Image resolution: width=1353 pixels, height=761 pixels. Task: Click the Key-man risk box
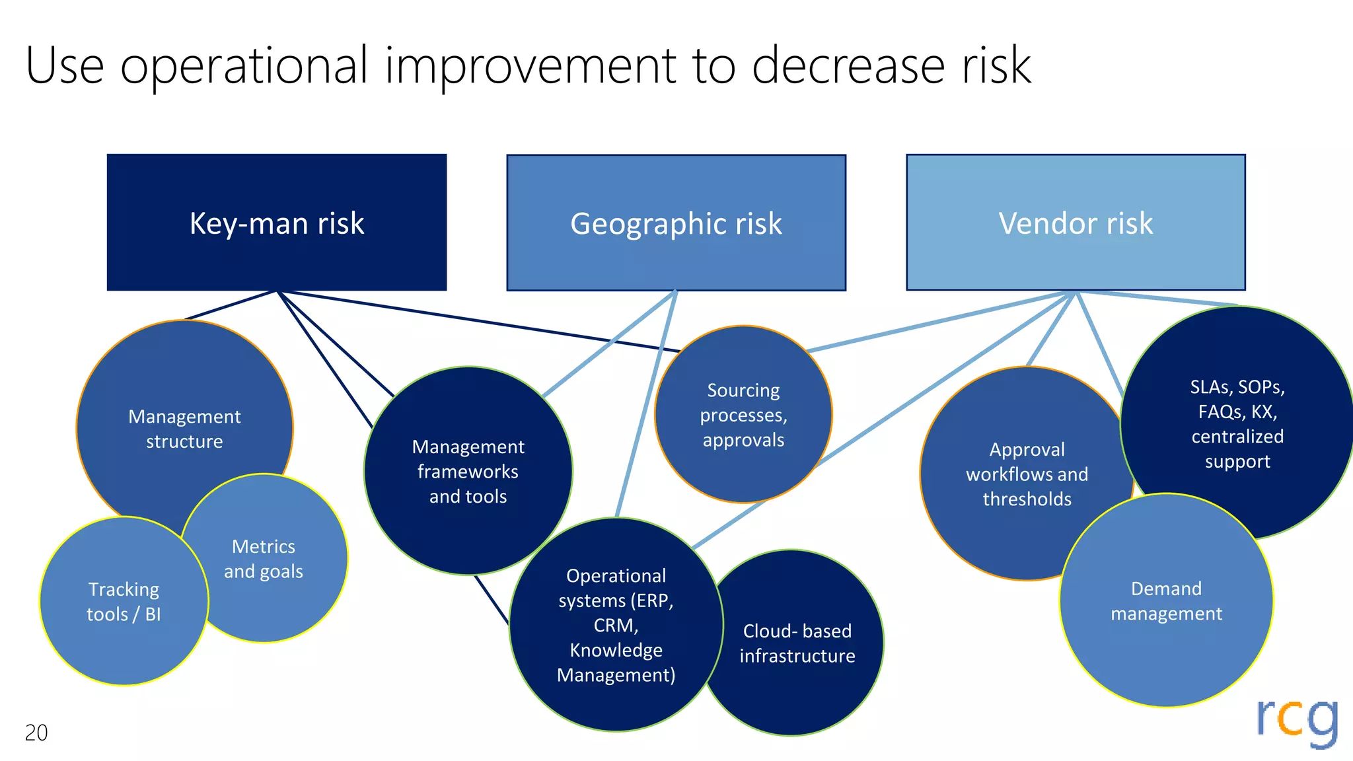[x=277, y=223]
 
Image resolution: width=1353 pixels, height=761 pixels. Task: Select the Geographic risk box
[x=676, y=223]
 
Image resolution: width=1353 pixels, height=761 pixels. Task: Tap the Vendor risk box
[x=1076, y=223]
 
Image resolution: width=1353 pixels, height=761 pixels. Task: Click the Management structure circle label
[x=184, y=429]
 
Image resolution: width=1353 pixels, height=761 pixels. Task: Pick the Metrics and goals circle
[x=264, y=559]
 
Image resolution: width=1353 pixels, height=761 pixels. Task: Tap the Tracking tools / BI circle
[x=124, y=602]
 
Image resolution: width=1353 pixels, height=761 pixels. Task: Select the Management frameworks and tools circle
[x=468, y=472]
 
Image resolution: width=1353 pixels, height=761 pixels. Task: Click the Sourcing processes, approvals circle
[x=743, y=415]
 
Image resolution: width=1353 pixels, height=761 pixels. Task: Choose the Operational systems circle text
[x=616, y=625]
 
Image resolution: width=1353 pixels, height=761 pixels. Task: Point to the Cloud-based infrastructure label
[x=797, y=643]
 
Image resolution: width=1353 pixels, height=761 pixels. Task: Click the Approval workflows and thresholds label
[x=1027, y=474]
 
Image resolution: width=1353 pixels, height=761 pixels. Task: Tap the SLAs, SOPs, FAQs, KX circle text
[x=1237, y=424]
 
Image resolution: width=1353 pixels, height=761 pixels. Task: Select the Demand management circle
[x=1166, y=601]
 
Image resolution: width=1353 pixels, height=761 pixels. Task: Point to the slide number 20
[x=36, y=733]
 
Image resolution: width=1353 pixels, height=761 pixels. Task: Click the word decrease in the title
[x=848, y=66]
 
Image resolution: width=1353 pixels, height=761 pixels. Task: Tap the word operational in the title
[x=244, y=66]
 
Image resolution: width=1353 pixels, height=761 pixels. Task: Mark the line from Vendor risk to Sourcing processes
[x=938, y=321]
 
